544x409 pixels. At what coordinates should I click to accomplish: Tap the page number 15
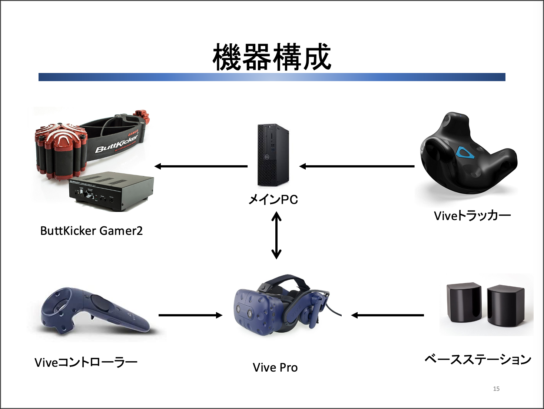[x=496, y=389]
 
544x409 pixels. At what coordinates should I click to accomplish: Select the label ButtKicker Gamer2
[x=91, y=231]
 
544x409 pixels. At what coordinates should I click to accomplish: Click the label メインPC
[x=273, y=200]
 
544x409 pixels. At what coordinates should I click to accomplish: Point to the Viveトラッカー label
[x=472, y=215]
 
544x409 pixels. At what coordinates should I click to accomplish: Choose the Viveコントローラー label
[x=86, y=362]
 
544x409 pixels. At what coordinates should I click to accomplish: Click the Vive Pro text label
[x=275, y=368]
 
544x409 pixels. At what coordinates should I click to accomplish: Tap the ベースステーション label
[x=478, y=359]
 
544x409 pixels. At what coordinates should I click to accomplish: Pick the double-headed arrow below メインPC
[x=276, y=235]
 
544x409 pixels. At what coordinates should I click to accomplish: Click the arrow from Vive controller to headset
[x=190, y=315]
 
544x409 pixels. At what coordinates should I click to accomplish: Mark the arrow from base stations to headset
[x=387, y=315]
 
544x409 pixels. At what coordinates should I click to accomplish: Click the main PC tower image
[x=273, y=155]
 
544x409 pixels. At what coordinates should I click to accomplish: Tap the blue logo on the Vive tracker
[x=465, y=152]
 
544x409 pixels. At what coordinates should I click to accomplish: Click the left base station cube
[x=464, y=302]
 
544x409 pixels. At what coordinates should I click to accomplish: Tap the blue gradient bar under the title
[x=272, y=77]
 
